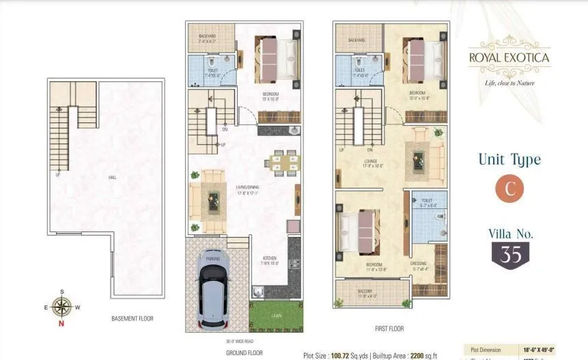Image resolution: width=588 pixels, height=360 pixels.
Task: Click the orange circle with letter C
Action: click(x=509, y=190)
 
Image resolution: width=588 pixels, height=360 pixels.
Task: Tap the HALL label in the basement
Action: click(x=111, y=176)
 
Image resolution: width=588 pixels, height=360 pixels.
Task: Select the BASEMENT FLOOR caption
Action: click(x=132, y=318)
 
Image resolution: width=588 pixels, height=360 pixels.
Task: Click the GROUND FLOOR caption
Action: click(x=244, y=354)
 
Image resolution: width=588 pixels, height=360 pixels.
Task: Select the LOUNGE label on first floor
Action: click(x=371, y=163)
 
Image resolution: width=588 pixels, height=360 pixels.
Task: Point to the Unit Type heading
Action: click(x=509, y=160)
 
